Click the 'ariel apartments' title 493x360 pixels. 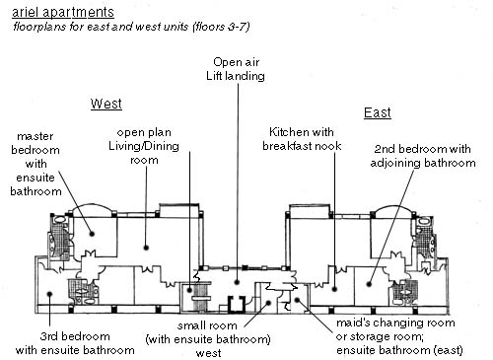(63, 12)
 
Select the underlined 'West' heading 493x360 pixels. (106, 104)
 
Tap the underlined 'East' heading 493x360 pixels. (378, 112)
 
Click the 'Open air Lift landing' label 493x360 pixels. (236, 69)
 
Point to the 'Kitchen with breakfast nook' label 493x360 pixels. (302, 139)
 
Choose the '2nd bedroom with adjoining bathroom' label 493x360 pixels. (423, 156)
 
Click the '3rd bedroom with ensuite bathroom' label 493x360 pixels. (75, 343)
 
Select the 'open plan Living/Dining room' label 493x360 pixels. (144, 146)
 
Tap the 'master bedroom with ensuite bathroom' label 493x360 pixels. (35, 164)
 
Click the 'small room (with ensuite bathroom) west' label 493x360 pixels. (208, 339)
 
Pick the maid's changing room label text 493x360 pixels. (399, 336)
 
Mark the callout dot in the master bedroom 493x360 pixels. (93, 234)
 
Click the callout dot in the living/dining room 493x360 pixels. (146, 248)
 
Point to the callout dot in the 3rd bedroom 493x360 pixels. (49, 294)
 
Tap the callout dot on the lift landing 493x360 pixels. (237, 282)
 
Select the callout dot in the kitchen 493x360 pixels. (334, 289)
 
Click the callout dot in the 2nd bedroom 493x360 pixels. (369, 284)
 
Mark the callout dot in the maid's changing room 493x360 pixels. (297, 300)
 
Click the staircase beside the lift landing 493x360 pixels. (201, 297)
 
